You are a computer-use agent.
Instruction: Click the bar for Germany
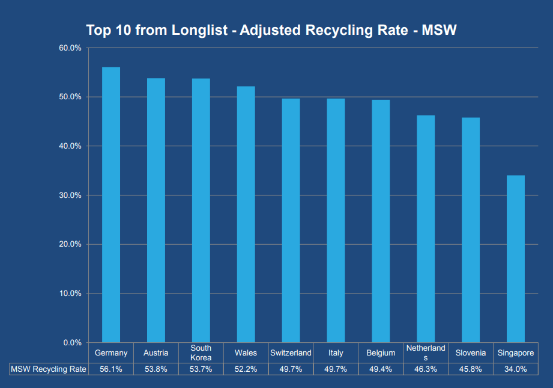click(x=110, y=205)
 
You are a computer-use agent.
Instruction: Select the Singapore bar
click(x=515, y=259)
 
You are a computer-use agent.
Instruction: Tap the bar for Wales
click(x=246, y=214)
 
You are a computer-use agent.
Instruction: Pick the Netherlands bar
click(x=426, y=229)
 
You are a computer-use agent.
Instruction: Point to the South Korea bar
click(x=201, y=211)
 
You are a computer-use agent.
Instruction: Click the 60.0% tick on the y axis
click(x=70, y=48)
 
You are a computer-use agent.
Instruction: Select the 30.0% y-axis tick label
click(x=70, y=196)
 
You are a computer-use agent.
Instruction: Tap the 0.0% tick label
click(x=72, y=343)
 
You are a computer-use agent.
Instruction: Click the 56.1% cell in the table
click(x=110, y=369)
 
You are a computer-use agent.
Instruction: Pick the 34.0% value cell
click(x=515, y=369)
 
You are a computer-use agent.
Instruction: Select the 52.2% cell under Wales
click(x=246, y=369)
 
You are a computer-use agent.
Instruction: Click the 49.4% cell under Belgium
click(x=381, y=369)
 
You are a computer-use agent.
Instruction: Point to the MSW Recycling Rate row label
click(x=49, y=369)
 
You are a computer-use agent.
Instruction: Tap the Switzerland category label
click(x=291, y=353)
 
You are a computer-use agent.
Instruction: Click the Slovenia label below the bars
click(x=470, y=353)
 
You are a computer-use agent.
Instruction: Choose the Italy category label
click(x=336, y=353)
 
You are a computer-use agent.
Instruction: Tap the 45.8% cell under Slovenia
click(x=470, y=369)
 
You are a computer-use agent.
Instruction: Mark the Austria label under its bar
click(x=156, y=353)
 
